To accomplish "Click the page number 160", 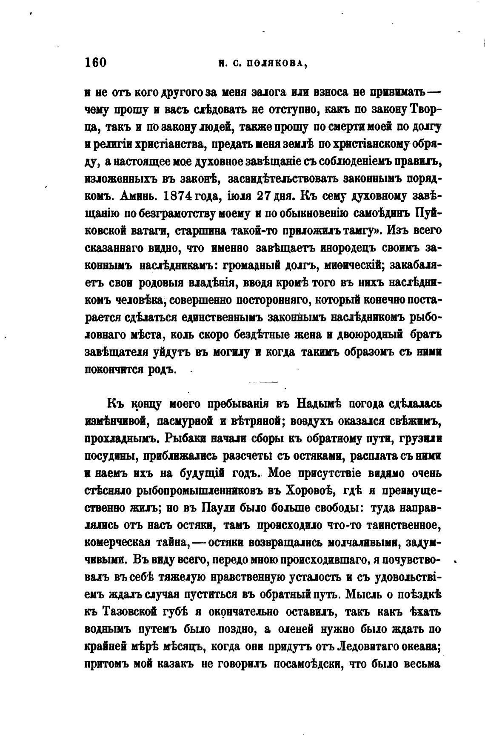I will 95,63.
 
